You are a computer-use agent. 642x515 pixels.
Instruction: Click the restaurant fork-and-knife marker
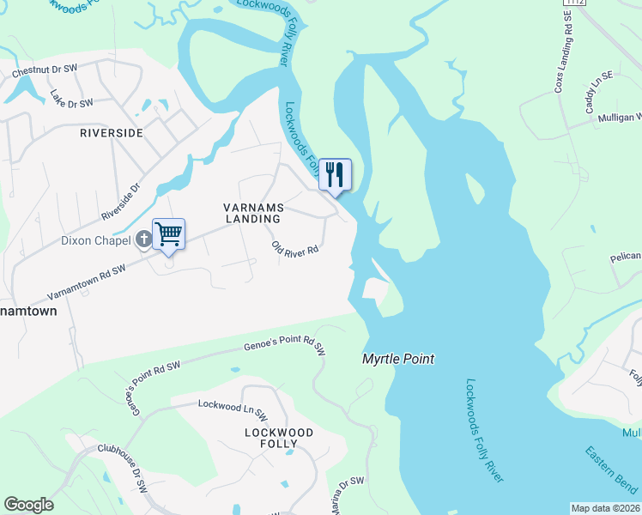335,174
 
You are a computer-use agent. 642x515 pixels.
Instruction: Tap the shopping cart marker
168,233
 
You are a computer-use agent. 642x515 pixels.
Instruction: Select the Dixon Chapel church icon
142,240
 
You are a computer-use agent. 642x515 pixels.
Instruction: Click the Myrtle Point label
398,359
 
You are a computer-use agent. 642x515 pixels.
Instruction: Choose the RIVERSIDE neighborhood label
111,133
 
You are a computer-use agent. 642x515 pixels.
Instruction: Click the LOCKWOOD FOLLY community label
279,438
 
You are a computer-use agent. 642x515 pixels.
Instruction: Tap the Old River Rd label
295,249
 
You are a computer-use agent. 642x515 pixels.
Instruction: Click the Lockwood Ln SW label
228,403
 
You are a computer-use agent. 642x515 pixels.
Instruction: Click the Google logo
28,505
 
